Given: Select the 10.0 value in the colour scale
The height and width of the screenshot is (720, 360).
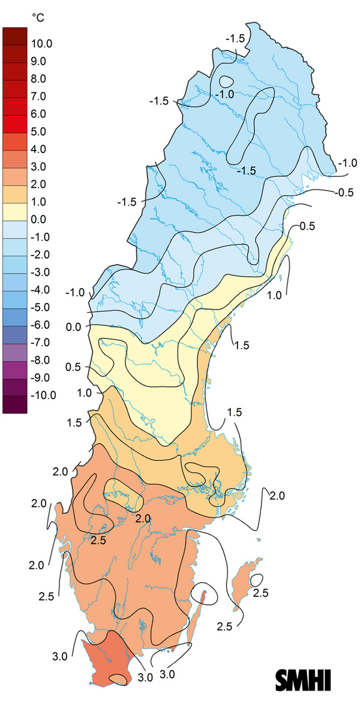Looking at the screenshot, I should (43, 43).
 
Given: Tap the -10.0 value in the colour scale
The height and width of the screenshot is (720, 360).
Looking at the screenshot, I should (41, 395).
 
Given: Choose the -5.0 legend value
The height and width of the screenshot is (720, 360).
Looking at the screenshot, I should (41, 307).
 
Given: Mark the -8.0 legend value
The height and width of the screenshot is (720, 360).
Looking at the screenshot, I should (41, 360).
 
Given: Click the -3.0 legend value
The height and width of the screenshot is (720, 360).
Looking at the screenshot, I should (41, 272).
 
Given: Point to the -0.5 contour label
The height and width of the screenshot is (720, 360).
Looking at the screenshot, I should (346, 193).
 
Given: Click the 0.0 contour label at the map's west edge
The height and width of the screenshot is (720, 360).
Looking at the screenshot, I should (74, 326).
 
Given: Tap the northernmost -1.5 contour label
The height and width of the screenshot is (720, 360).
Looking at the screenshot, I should (235, 38).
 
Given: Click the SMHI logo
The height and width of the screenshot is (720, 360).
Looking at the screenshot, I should (303, 679).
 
